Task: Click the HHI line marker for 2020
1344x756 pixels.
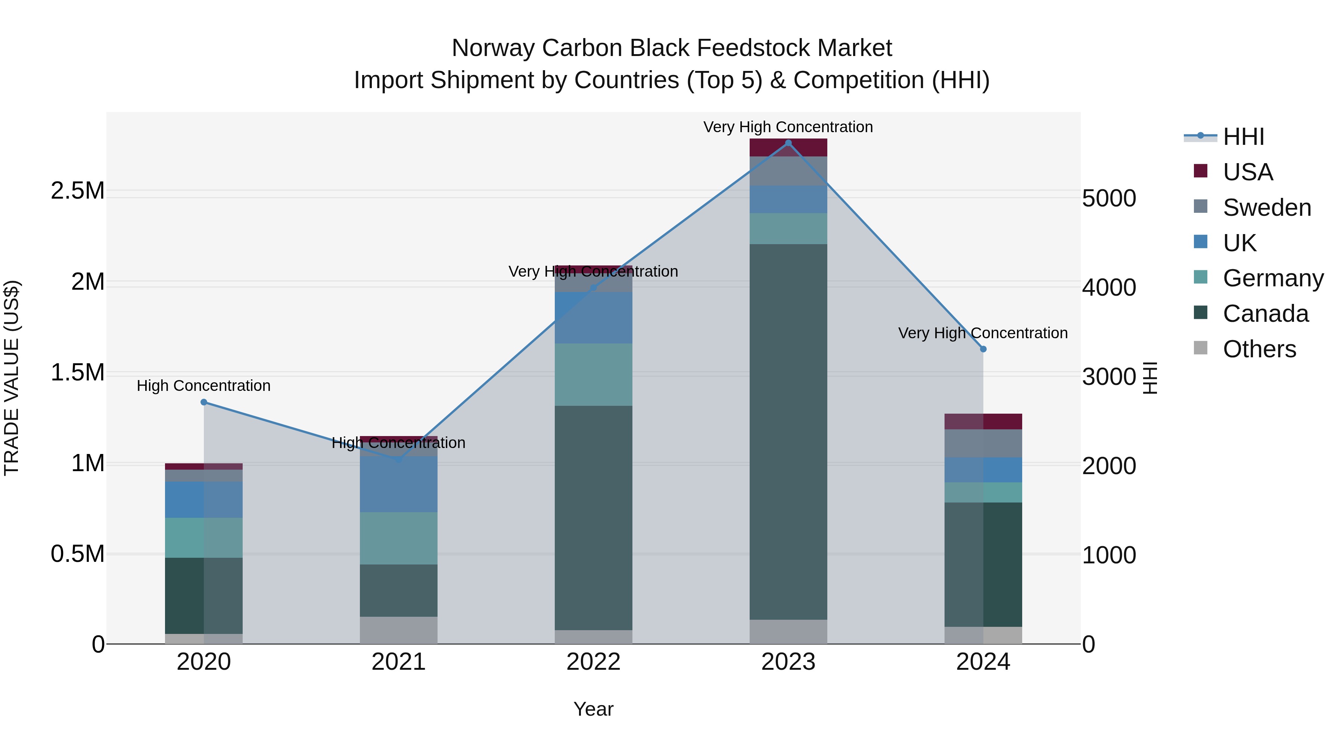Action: point(204,402)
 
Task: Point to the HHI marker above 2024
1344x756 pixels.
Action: point(983,349)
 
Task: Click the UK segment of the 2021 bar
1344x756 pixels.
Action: point(399,484)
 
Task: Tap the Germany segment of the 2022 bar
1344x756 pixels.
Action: point(593,374)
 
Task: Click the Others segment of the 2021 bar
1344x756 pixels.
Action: point(399,630)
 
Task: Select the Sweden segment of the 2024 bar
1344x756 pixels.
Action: point(983,444)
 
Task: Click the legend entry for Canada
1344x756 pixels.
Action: point(1265,314)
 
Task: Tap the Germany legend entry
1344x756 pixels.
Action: point(1273,278)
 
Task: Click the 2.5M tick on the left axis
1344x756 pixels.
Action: point(78,191)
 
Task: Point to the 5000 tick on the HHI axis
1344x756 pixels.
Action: point(1109,198)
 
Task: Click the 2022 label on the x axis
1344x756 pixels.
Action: point(593,662)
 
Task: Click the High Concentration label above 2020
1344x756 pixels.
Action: point(203,386)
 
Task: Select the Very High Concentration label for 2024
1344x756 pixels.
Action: point(983,333)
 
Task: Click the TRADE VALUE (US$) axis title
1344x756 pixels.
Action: point(12,378)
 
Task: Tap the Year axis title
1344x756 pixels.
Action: point(593,709)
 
